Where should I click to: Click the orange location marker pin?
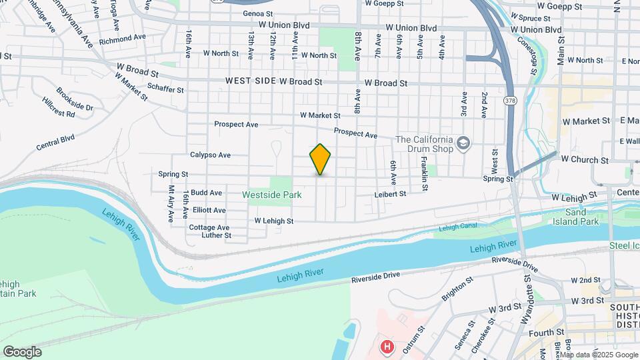[321, 159]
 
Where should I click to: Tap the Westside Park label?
[271, 195]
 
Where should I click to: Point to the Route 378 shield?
[510, 101]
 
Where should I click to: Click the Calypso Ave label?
[210, 155]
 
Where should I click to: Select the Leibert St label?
[389, 194]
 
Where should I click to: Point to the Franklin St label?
[424, 175]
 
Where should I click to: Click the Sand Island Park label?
[577, 216]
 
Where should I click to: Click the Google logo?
[22, 352]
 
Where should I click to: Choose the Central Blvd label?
[55, 141]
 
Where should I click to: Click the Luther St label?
[216, 235]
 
